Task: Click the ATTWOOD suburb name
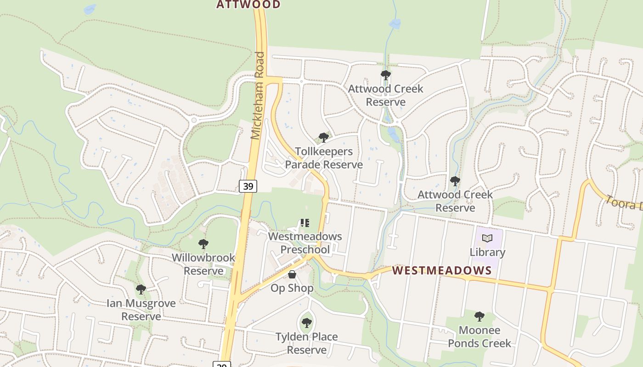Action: click(248, 5)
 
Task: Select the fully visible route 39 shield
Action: click(248, 186)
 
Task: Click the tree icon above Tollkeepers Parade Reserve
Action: click(323, 137)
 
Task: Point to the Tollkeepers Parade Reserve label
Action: click(324, 158)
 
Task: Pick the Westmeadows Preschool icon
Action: click(305, 223)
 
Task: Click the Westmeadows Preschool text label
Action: click(305, 243)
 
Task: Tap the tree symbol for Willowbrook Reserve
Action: click(203, 244)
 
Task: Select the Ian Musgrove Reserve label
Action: click(141, 310)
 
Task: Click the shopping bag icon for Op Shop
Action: click(292, 274)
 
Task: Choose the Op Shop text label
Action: click(292, 288)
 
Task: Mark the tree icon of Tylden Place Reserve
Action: click(307, 323)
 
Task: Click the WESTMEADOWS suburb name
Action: click(442, 270)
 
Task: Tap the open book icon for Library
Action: click(487, 239)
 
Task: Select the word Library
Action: click(487, 252)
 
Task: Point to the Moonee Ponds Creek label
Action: click(479, 337)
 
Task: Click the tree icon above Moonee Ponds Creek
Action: click(479, 316)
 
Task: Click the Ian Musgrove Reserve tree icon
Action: click(141, 289)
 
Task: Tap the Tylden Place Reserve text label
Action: click(307, 343)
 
